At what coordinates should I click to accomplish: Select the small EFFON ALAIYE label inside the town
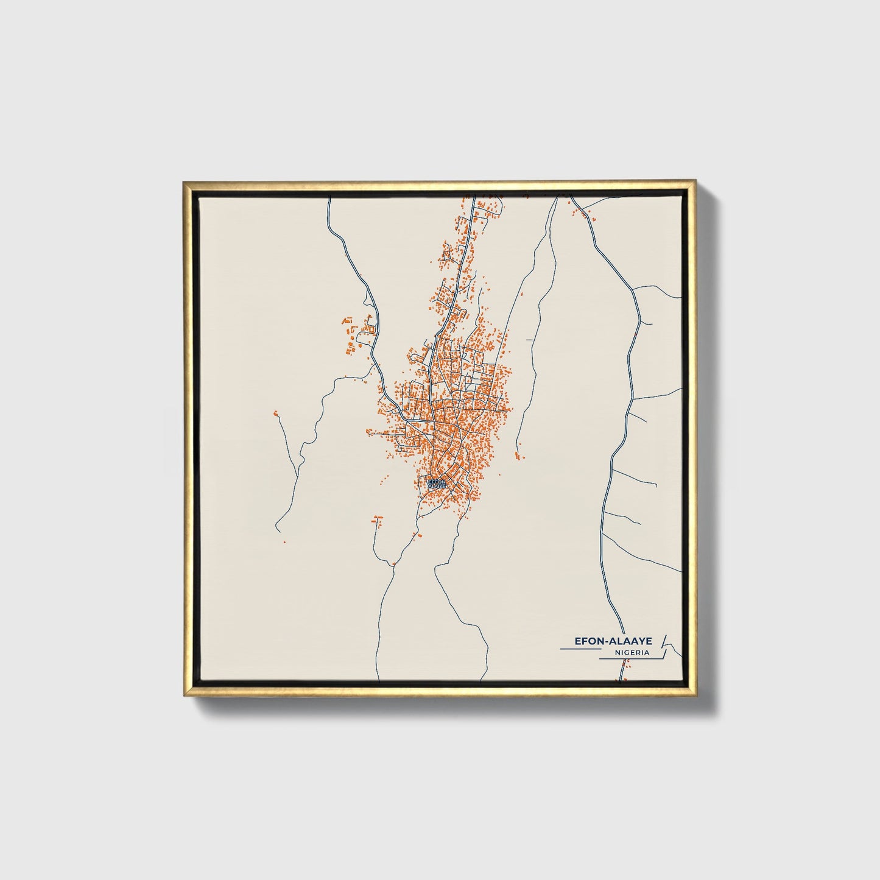(437, 483)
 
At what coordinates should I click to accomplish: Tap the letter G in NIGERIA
(626, 652)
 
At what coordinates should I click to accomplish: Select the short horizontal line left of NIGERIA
(579, 649)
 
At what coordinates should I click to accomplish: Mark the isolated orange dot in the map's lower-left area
(284, 541)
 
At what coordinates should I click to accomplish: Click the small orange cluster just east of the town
(518, 456)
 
